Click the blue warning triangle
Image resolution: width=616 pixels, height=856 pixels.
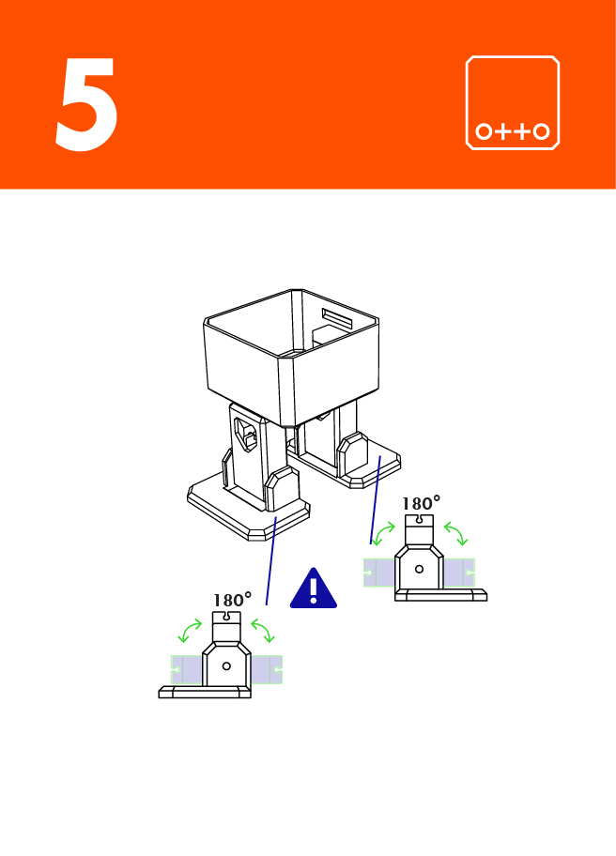314,588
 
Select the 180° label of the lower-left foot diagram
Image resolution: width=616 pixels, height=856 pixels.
232,600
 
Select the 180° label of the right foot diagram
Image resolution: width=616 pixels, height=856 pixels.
422,504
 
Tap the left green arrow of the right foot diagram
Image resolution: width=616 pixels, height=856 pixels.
383,535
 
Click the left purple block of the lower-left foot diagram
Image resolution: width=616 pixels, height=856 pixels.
187,669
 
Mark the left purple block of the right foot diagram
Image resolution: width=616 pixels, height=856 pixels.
380,572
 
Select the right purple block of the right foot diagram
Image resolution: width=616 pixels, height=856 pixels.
459,572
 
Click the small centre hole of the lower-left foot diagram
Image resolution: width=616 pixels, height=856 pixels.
226,665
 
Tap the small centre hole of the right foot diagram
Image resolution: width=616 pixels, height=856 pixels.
419,569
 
